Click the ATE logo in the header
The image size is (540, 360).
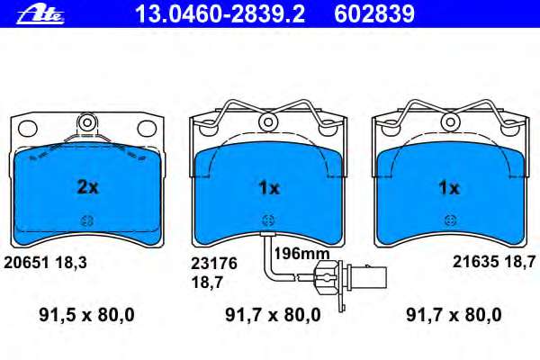tap(40, 15)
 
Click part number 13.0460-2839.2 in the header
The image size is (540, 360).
tap(220, 14)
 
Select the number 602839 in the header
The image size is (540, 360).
tap(374, 14)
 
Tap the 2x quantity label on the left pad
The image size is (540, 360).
tap(87, 187)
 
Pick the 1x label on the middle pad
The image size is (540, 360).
tap(269, 188)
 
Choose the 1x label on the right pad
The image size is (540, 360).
tap(449, 188)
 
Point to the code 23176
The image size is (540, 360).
tap(214, 264)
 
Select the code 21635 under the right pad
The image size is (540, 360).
tap(475, 262)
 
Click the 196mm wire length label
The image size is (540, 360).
tap(301, 254)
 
